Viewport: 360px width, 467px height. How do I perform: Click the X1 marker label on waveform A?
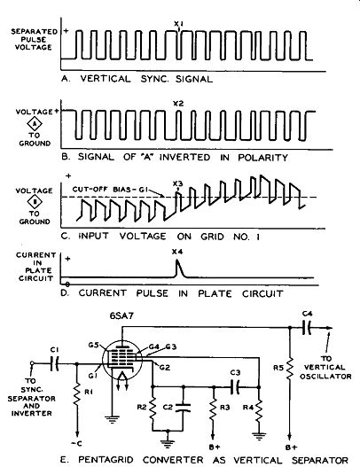178,23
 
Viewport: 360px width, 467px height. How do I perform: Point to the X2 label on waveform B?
178,104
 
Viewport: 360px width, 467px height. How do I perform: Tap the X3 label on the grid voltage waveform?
177,183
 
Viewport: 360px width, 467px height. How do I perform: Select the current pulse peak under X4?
177,261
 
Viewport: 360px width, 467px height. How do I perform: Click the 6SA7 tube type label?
121,315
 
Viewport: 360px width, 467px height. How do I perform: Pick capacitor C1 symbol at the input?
55,363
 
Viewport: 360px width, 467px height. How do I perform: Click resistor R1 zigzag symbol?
77,394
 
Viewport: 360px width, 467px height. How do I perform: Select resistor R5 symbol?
290,369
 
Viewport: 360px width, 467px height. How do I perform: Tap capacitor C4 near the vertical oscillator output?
306,328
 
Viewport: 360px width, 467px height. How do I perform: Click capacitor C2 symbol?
183,408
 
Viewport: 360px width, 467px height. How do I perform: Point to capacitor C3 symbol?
236,387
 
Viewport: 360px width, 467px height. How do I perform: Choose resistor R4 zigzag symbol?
259,409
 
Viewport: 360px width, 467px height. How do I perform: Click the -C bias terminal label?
76,443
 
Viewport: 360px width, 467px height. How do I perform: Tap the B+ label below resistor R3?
215,447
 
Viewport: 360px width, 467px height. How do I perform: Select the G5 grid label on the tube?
93,346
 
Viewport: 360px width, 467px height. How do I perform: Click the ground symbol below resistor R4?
259,436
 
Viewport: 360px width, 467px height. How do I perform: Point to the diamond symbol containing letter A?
35,124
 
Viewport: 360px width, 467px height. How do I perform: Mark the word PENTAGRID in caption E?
106,460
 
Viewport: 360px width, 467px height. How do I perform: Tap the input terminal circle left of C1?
33,363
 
